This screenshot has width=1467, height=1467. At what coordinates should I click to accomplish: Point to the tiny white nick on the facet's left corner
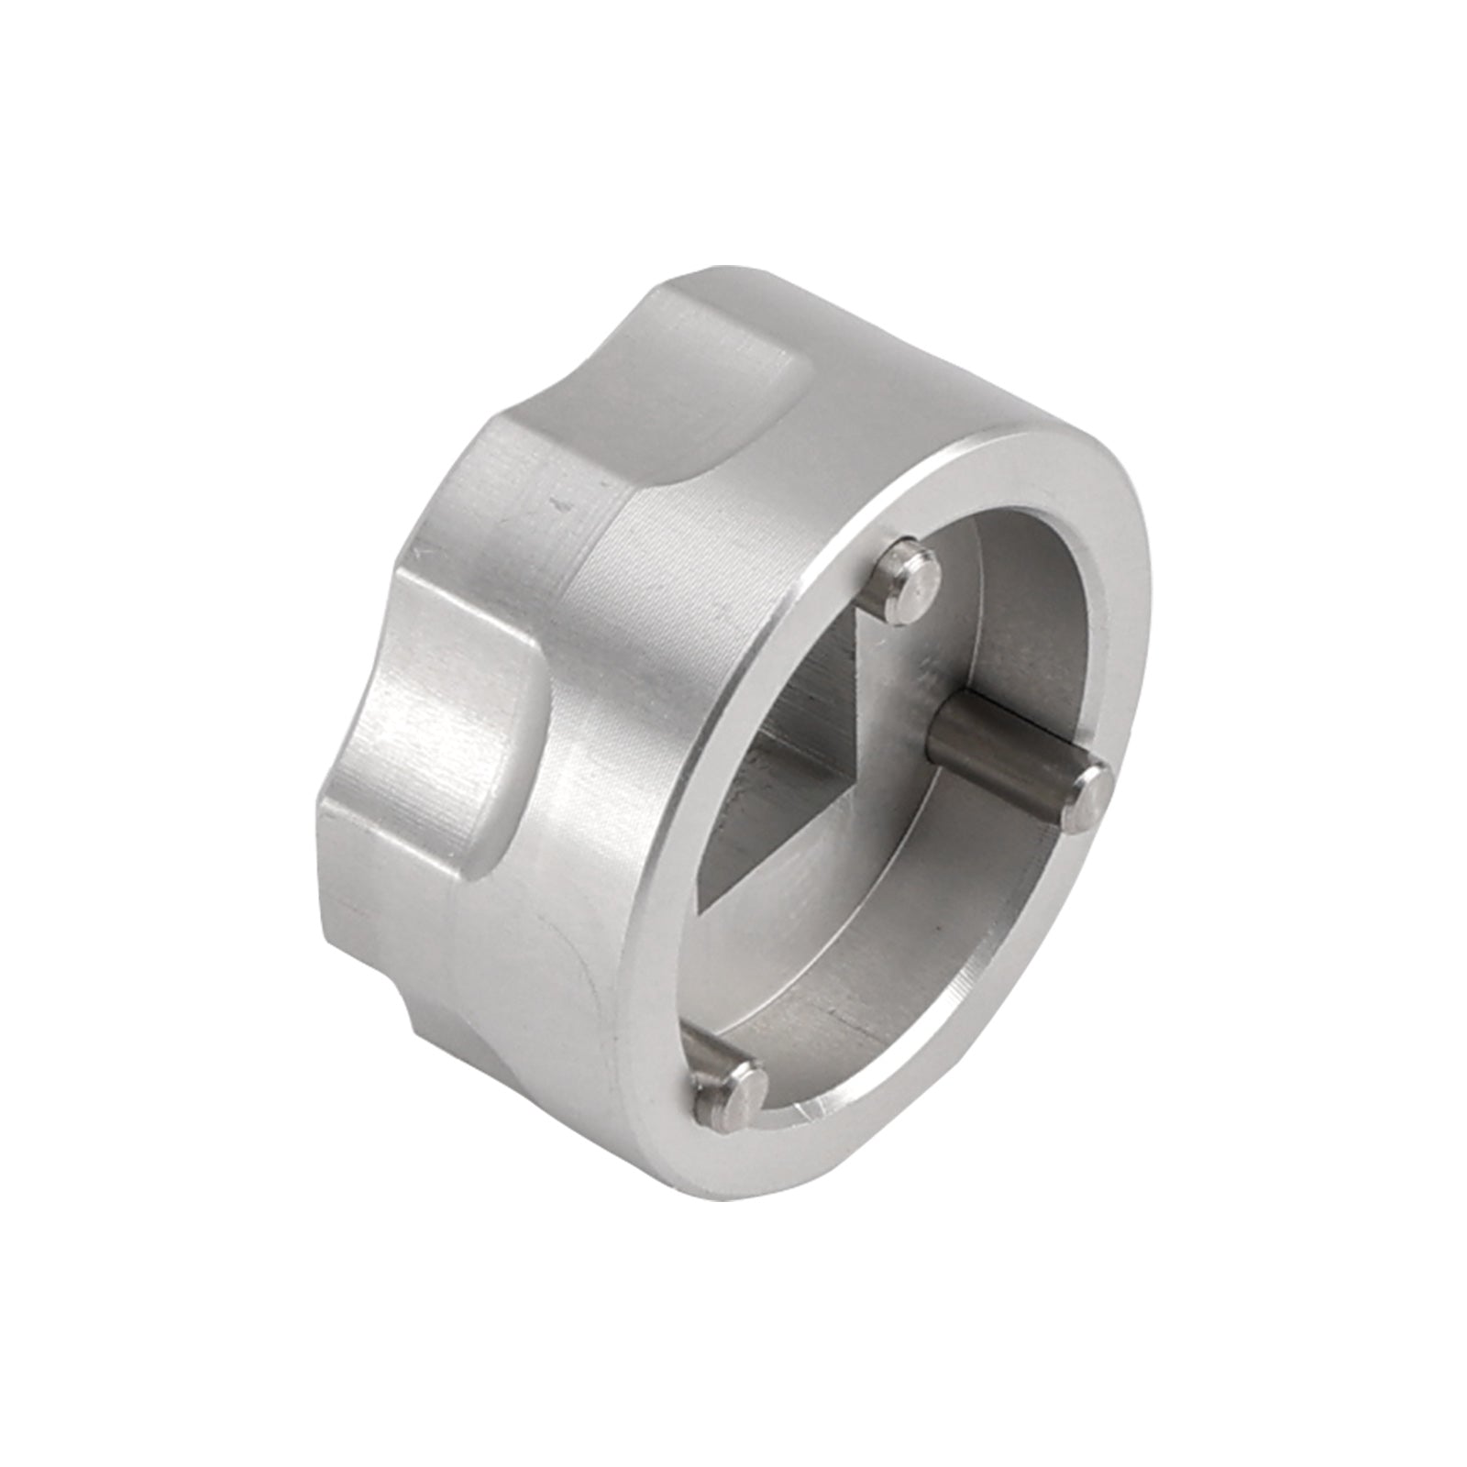click(x=424, y=551)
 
